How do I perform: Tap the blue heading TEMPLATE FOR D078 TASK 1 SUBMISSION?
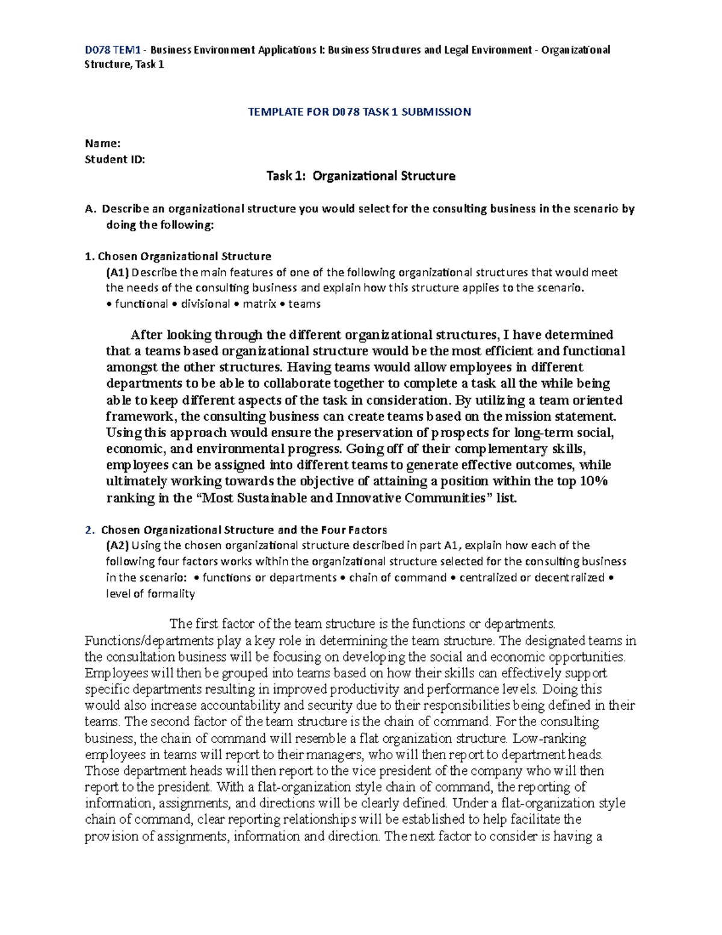tap(360, 111)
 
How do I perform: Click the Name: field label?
tap(103, 143)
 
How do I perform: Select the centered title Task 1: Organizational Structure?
tap(360, 176)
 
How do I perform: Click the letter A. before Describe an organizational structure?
tap(90, 209)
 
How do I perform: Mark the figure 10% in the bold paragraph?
tap(594, 481)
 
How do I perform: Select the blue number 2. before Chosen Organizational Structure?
tap(90, 530)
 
